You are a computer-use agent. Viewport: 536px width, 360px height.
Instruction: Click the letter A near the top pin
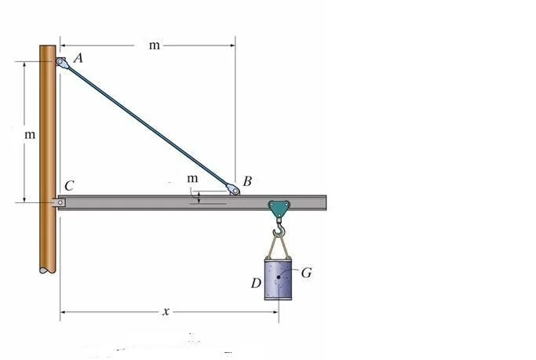coord(78,58)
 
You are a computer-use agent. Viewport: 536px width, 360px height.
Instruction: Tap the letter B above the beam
coord(247,181)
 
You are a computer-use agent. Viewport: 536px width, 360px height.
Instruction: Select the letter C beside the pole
coord(69,186)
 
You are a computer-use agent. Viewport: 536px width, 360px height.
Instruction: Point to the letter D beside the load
coord(256,283)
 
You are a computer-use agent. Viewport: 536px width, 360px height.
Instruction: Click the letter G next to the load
coord(306,273)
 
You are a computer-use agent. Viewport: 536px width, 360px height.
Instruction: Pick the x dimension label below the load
coord(166,311)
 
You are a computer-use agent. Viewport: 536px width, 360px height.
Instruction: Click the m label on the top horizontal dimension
coord(154,45)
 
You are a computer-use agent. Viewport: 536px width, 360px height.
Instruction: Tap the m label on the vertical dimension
coord(30,135)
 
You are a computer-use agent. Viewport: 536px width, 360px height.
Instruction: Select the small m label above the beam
coord(192,178)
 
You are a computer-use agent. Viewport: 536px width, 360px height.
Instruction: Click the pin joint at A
coord(60,62)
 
